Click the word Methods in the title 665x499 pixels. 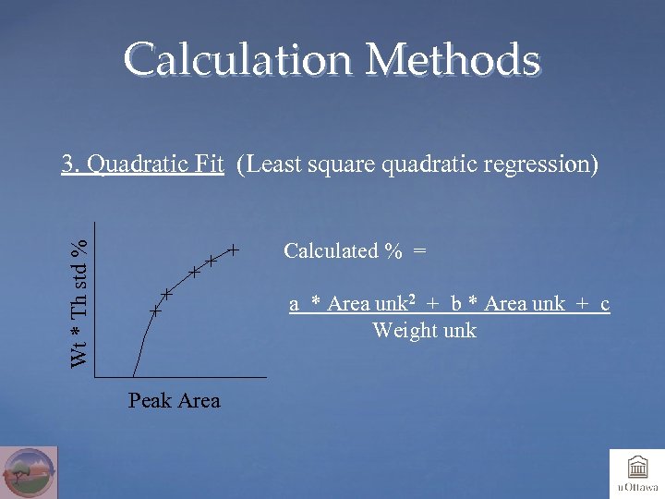click(453, 60)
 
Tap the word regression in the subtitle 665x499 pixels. click(548, 165)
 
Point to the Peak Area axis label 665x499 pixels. click(175, 400)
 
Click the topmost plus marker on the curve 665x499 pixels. click(235, 249)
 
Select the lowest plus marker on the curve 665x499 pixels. click(156, 312)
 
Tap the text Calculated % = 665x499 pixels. click(355, 250)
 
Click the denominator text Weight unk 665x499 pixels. click(424, 330)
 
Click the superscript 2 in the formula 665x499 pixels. click(411, 299)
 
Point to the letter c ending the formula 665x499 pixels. click(604, 304)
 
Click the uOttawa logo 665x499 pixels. click(636, 473)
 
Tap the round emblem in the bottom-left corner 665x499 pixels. click(29, 472)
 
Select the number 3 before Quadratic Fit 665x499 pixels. click(66, 164)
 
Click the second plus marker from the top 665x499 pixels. click(212, 262)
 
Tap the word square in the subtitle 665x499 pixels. click(340, 166)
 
